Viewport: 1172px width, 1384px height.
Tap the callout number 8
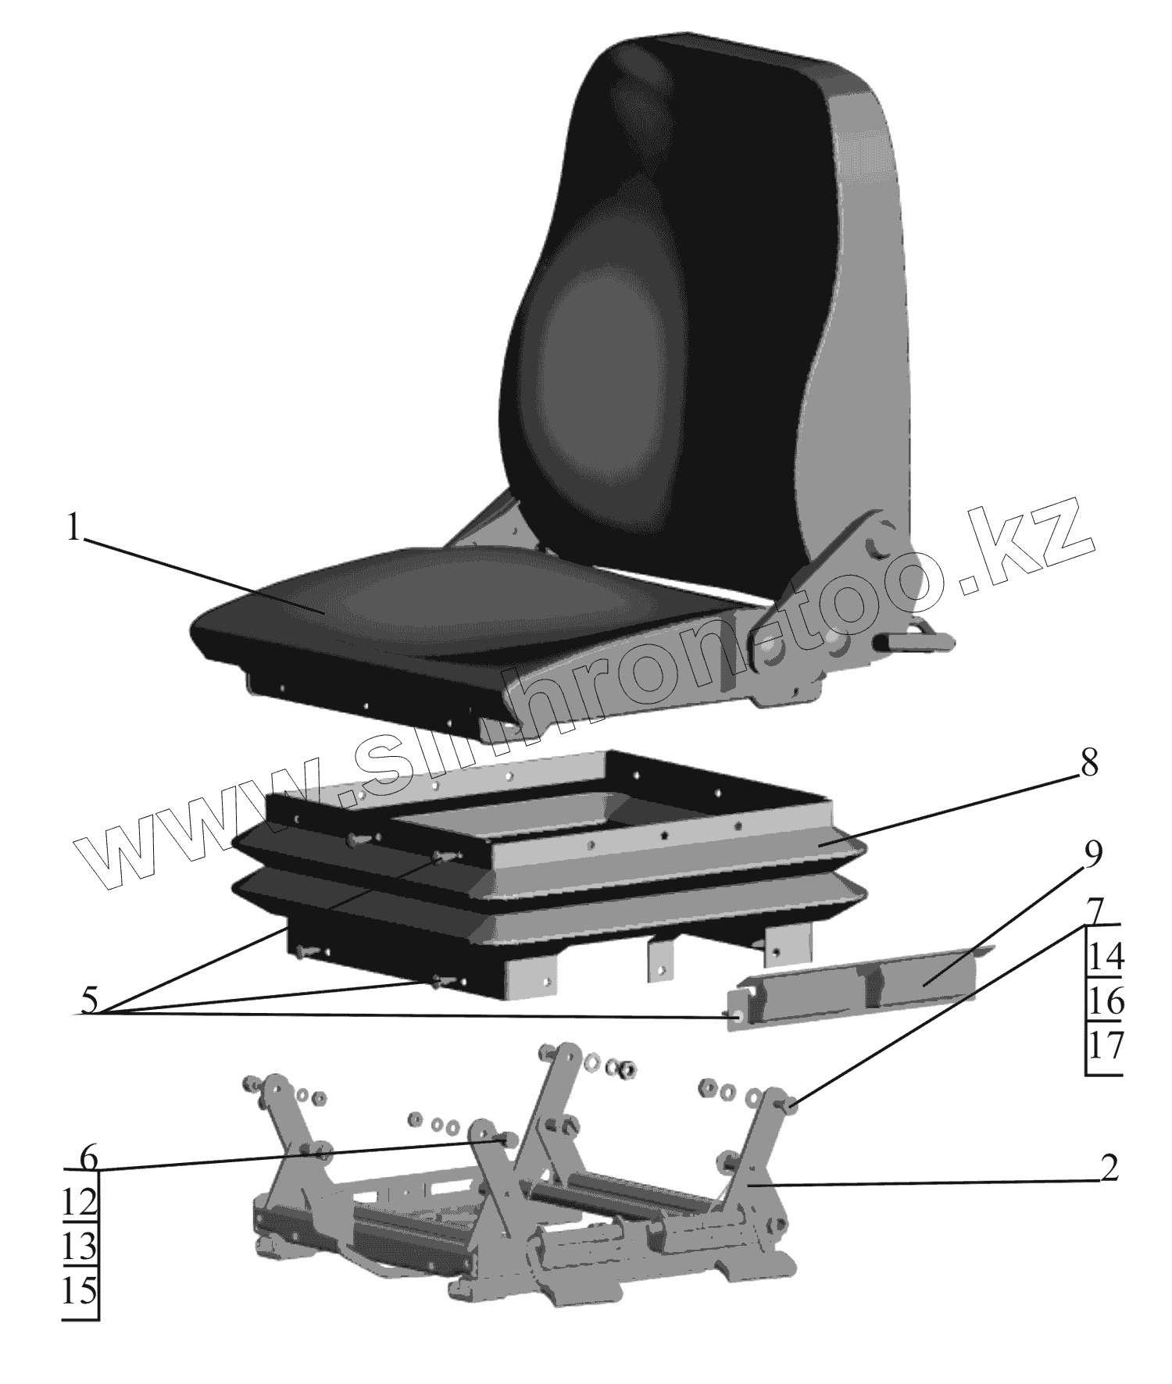[x=1089, y=764]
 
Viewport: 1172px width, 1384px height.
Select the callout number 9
[x=1091, y=856]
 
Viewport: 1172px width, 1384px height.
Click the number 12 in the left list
[x=80, y=1203]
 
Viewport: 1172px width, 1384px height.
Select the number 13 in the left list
[x=80, y=1247]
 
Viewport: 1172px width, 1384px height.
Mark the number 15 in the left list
[x=80, y=1292]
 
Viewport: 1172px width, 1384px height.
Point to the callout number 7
[x=1095, y=911]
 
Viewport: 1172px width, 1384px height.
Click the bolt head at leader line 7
[x=789, y=1104]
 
